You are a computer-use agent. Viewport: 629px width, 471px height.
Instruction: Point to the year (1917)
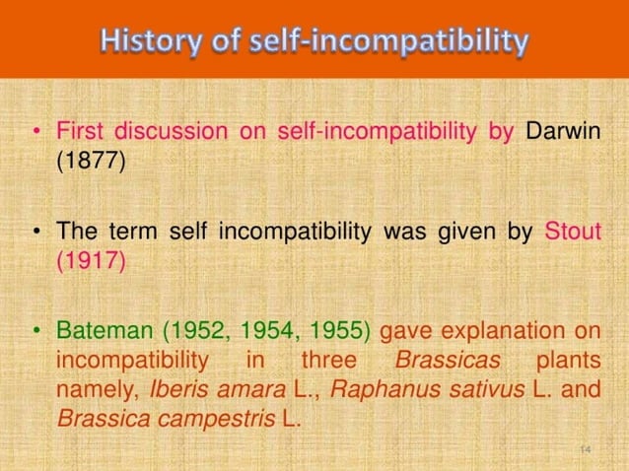(x=90, y=261)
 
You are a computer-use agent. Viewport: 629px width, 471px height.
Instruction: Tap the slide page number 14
(x=585, y=448)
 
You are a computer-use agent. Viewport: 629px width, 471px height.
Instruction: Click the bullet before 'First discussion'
(x=36, y=132)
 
